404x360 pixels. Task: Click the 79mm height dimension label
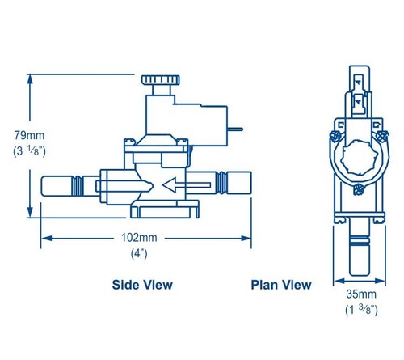[29, 135]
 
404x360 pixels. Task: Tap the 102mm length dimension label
[139, 238]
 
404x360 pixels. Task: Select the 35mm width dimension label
[361, 294]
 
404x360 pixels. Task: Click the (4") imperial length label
[139, 253]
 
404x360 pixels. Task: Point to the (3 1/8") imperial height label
[29, 151]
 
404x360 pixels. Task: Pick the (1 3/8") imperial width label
[361, 310]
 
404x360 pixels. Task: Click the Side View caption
[142, 285]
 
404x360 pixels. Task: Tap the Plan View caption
[281, 285]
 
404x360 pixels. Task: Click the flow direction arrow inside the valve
[187, 185]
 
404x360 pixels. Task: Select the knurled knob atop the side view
[161, 80]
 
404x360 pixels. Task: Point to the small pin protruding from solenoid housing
[235, 129]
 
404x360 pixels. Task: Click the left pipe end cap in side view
[57, 186]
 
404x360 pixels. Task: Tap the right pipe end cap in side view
[239, 183]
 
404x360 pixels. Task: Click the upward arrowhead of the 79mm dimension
[30, 80]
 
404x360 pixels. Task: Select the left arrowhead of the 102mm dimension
[47, 239]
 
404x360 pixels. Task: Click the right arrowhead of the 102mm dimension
[246, 239]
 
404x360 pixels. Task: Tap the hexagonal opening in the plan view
[360, 157]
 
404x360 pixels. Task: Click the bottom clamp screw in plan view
[358, 189]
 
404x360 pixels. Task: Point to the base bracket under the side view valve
[165, 210]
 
